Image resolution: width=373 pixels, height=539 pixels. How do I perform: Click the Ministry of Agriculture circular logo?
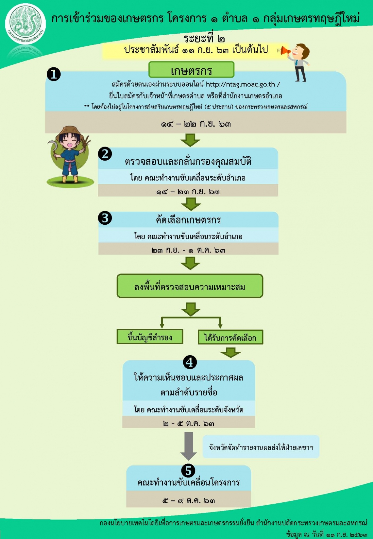[x=25, y=24]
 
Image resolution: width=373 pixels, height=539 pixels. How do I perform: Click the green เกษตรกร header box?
[x=192, y=70]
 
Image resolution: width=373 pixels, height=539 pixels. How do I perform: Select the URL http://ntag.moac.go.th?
[x=240, y=84]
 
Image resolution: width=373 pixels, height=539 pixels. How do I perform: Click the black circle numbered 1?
[x=54, y=74]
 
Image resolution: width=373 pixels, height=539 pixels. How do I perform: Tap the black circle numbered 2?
[x=105, y=154]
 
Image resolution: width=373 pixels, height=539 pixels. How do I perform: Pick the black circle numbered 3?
[x=105, y=218]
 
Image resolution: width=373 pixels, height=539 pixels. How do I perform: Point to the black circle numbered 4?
[x=190, y=362]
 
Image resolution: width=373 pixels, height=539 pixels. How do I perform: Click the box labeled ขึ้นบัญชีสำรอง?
[x=150, y=337]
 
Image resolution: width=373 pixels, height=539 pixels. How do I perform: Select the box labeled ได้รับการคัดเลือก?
[x=230, y=337]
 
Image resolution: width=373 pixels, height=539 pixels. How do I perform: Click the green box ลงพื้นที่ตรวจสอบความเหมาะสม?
[x=190, y=286]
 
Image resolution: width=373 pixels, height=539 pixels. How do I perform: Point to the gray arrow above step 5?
[x=189, y=446]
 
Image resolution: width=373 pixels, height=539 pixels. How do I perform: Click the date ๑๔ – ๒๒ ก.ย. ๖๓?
[x=196, y=124]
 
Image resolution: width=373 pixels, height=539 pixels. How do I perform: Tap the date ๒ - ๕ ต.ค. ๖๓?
[x=189, y=424]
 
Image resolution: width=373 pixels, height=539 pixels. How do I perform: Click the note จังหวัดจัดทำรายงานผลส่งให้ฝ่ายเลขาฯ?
[x=261, y=447]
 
